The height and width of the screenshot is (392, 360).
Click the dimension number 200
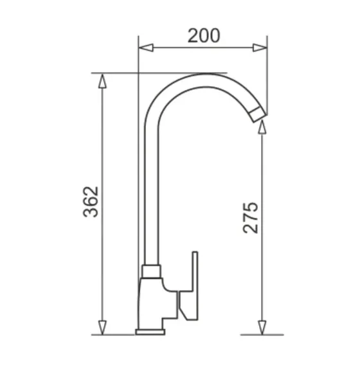click(x=204, y=35)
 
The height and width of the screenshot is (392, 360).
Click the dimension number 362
click(x=91, y=202)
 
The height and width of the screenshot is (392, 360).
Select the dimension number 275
click(x=251, y=217)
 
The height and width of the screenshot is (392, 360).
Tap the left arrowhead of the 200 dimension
click(x=146, y=48)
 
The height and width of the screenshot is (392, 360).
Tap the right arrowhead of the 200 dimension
click(x=260, y=48)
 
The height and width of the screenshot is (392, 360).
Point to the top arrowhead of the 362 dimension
click(x=102, y=80)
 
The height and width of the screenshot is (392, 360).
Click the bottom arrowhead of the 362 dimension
click(x=102, y=328)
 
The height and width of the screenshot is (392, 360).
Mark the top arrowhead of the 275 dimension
click(x=262, y=127)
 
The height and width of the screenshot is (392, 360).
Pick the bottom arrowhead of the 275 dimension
click(x=262, y=328)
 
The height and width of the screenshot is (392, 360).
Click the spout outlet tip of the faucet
click(x=258, y=115)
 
